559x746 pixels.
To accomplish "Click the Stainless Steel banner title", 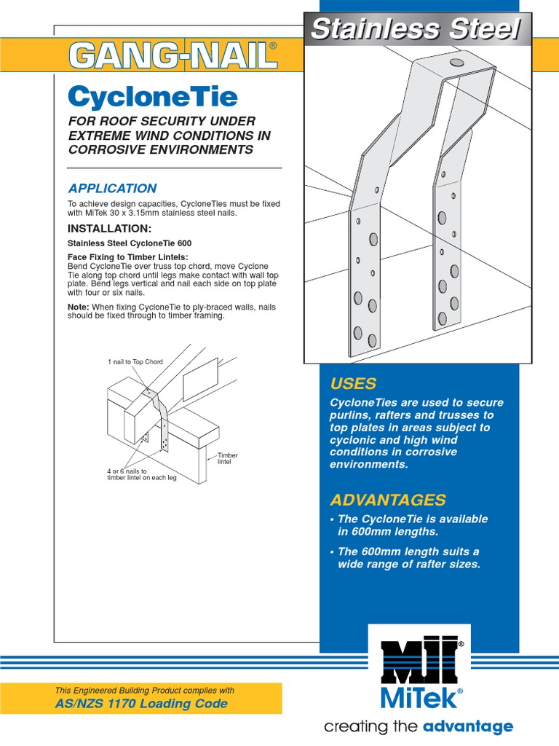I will pyautogui.click(x=416, y=30).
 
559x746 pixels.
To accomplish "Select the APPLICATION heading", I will pyautogui.click(x=112, y=189).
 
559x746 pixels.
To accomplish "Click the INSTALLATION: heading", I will pyautogui.click(x=109, y=229).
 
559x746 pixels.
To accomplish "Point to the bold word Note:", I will pyautogui.click(x=79, y=307).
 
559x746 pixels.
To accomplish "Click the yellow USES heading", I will pyautogui.click(x=353, y=383).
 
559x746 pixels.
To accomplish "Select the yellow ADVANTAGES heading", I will pyautogui.click(x=387, y=500).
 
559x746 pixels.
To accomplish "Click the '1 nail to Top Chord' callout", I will pyautogui.click(x=135, y=361).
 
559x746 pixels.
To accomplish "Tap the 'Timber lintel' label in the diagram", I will pyautogui.click(x=228, y=459).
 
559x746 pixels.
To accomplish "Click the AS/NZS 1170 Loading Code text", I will pyautogui.click(x=141, y=704).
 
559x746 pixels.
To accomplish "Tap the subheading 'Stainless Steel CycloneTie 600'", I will pyautogui.click(x=130, y=243).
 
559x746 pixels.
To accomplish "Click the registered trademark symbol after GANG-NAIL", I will pyautogui.click(x=273, y=46).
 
